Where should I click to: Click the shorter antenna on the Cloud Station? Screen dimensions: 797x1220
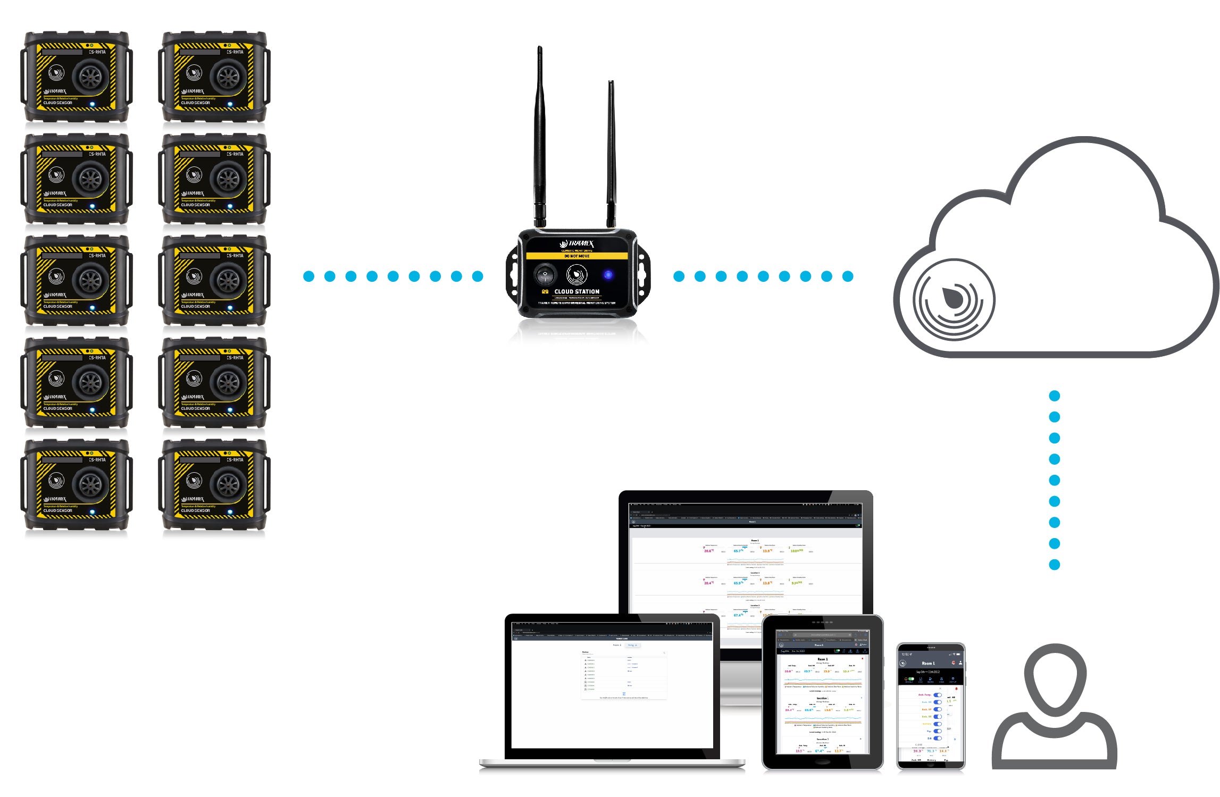(x=611, y=154)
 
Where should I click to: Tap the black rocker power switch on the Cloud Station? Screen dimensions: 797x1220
(x=545, y=275)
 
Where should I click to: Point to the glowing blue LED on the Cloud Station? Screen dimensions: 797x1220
(x=608, y=275)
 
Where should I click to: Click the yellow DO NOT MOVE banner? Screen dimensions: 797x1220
(x=576, y=256)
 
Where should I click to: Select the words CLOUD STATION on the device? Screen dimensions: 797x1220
(x=576, y=291)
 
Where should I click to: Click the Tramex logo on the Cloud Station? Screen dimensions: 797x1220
(x=576, y=244)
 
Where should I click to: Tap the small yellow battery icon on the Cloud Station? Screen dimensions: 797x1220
(x=545, y=291)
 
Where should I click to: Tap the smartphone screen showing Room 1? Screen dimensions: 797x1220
(x=931, y=707)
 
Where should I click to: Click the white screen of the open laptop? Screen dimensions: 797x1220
(x=612, y=691)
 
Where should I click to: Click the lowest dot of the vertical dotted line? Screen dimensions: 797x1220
(x=1055, y=565)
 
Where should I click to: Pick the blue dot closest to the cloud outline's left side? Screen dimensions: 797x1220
(x=848, y=276)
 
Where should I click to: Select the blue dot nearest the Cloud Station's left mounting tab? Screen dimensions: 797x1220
(x=478, y=276)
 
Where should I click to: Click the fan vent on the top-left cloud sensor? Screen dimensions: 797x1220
(x=90, y=77)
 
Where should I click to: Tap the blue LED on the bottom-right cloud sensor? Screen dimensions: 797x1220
(x=230, y=512)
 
